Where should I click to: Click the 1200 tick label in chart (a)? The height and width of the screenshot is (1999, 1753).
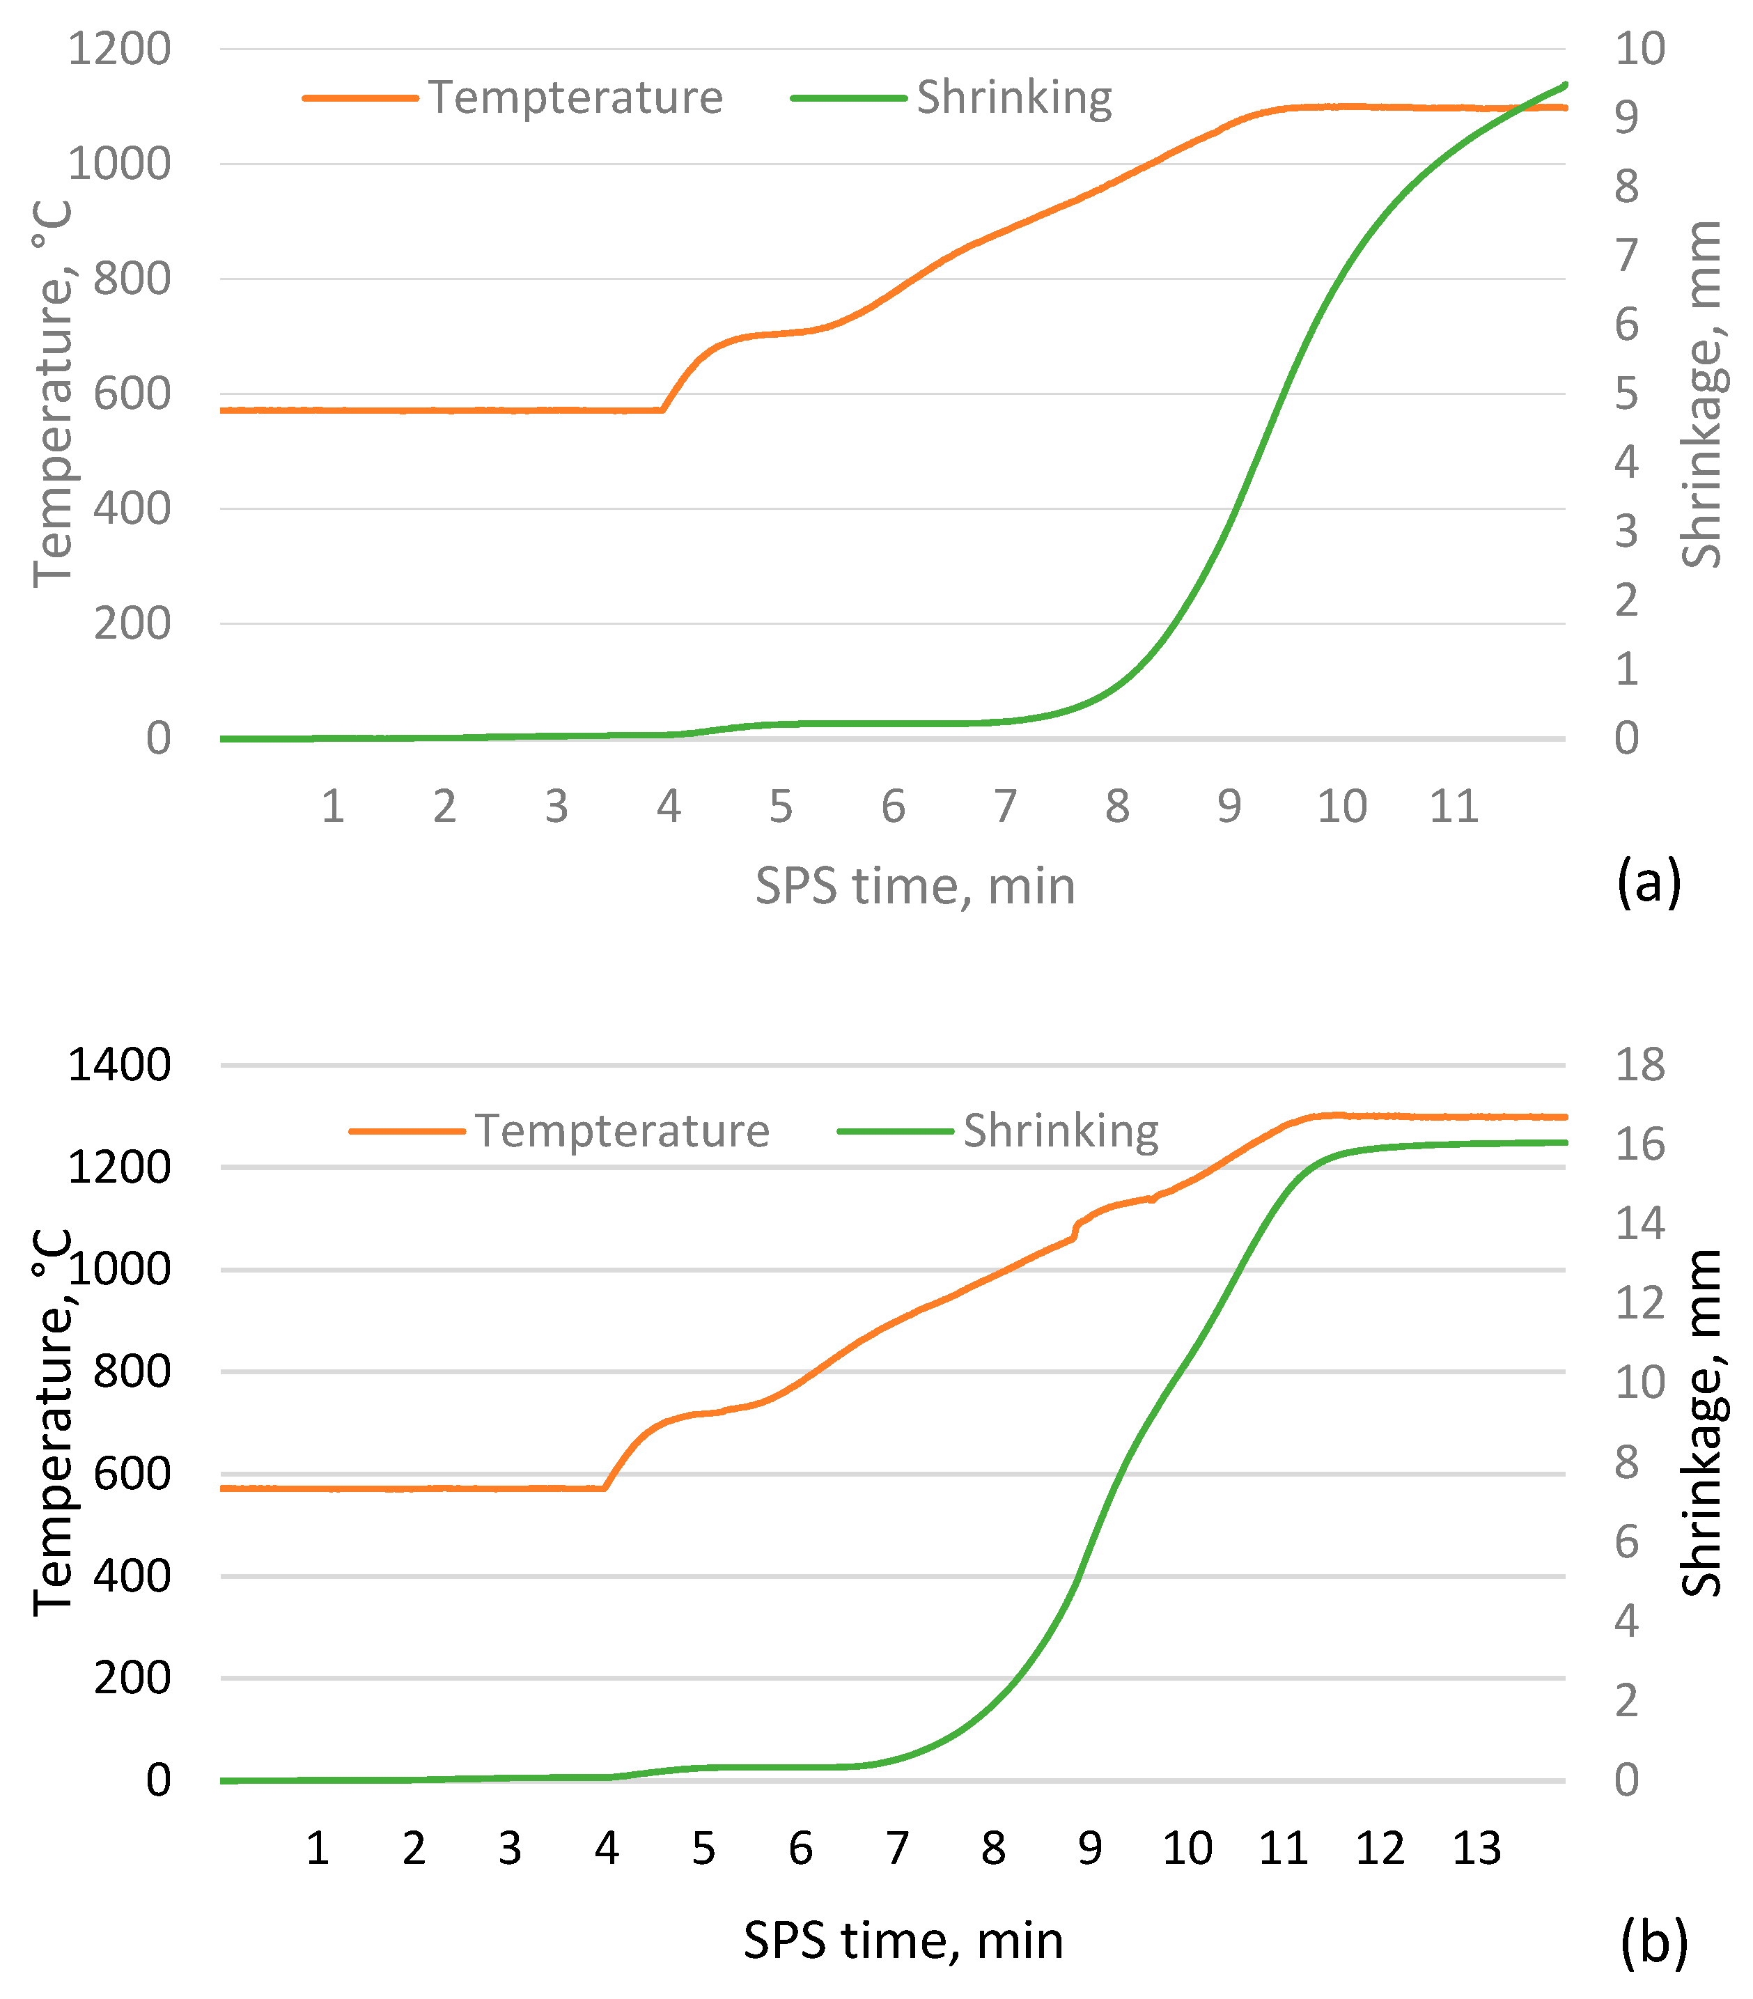tap(118, 49)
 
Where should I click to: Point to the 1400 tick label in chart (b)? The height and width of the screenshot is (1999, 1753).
tap(118, 1064)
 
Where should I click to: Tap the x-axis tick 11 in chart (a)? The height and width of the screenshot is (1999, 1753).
tap(1453, 807)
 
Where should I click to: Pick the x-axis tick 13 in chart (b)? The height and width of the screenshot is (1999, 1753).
tap(1477, 1849)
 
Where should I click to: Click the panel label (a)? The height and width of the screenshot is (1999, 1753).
tap(1649, 882)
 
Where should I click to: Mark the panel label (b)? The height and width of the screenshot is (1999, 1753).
tap(1653, 1940)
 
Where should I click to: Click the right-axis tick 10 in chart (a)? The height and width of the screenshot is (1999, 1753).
tap(1639, 49)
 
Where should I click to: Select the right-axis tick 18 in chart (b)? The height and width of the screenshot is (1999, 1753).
tap(1639, 1064)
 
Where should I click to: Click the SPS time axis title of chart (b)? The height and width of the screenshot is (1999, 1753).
tap(903, 1940)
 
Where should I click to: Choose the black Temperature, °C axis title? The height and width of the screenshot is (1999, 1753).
tap(54, 1423)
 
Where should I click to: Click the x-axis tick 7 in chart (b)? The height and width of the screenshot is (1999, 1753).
tap(896, 1849)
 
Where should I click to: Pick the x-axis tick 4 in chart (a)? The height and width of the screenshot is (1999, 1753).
tap(669, 807)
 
